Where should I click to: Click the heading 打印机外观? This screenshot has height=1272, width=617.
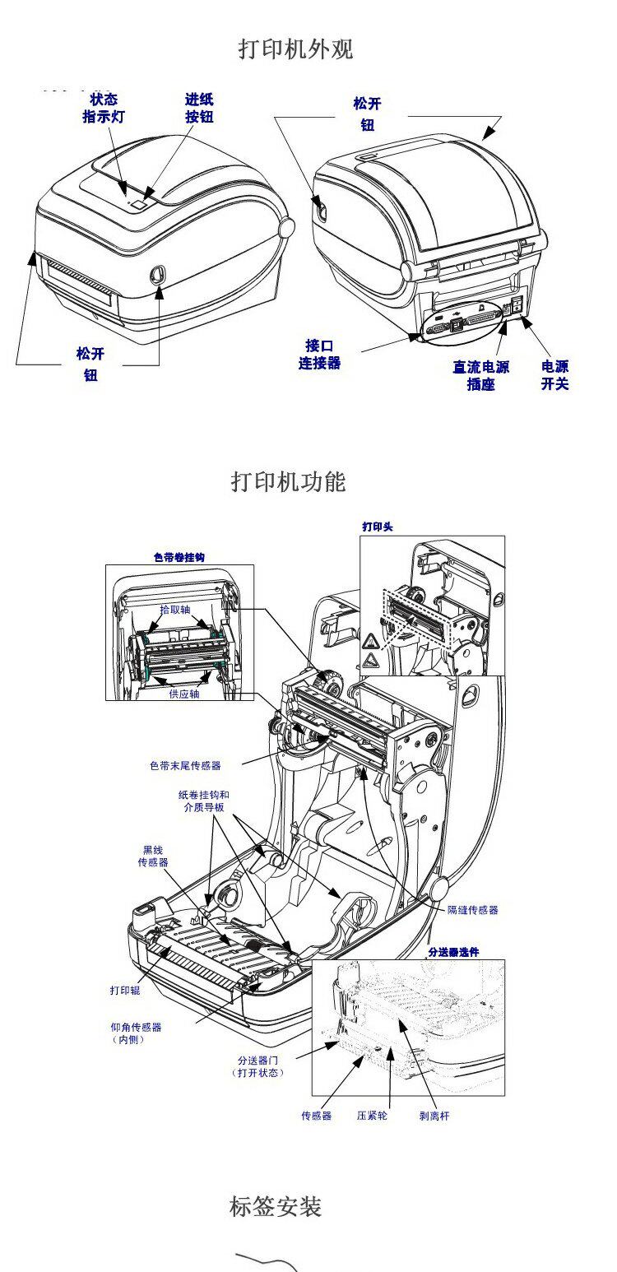[295, 49]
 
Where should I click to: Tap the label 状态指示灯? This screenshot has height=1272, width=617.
[104, 108]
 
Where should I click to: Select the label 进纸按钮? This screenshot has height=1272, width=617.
[199, 108]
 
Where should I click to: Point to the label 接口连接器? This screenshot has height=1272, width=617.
[319, 355]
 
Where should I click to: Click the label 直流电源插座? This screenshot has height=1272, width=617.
[480, 375]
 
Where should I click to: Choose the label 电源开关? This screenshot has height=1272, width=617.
[554, 375]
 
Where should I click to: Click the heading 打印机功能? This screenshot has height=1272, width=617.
[289, 481]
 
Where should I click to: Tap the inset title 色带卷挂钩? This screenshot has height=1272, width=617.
[179, 558]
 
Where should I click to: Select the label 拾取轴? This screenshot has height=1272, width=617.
[175, 610]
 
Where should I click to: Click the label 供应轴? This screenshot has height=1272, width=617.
[184, 694]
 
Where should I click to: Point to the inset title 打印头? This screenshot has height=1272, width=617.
[378, 527]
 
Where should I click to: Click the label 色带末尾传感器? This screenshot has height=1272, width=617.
[185, 765]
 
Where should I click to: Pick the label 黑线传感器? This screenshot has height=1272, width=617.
[153, 856]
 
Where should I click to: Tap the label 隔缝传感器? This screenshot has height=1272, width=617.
[472, 910]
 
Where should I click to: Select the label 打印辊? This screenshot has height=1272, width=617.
[125, 990]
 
